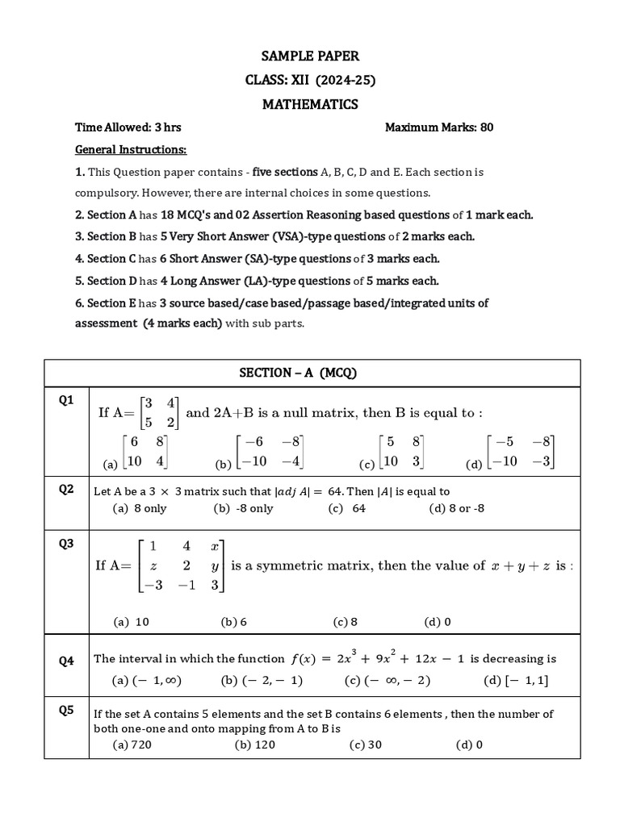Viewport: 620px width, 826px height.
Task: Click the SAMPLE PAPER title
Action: pyautogui.click(x=310, y=56)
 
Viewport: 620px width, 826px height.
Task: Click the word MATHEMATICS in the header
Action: pyautogui.click(x=310, y=105)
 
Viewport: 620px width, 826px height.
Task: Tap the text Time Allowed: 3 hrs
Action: pyautogui.click(x=128, y=127)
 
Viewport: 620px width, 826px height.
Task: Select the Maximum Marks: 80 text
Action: pyautogui.click(x=439, y=127)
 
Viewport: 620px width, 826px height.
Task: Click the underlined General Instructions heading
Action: pyautogui.click(x=131, y=150)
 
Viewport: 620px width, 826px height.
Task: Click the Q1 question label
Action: pyautogui.click(x=66, y=400)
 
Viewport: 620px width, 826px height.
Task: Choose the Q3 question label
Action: pyautogui.click(x=66, y=544)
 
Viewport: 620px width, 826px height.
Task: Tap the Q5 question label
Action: pyautogui.click(x=66, y=710)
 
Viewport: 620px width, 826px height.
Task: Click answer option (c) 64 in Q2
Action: pyautogui.click(x=347, y=508)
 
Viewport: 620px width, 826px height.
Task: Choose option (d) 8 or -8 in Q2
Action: pyautogui.click(x=458, y=508)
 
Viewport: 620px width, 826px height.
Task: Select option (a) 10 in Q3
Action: pyautogui.click(x=132, y=622)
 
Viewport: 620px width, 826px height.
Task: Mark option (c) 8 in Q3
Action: pyautogui.click(x=345, y=622)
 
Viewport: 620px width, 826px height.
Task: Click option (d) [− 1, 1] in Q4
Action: pyautogui.click(x=516, y=680)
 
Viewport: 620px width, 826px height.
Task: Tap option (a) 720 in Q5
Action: pyautogui.click(x=132, y=745)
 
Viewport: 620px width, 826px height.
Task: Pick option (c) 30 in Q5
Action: pyautogui.click(x=365, y=745)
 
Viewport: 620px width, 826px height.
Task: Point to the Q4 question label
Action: pyautogui.click(x=66, y=661)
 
